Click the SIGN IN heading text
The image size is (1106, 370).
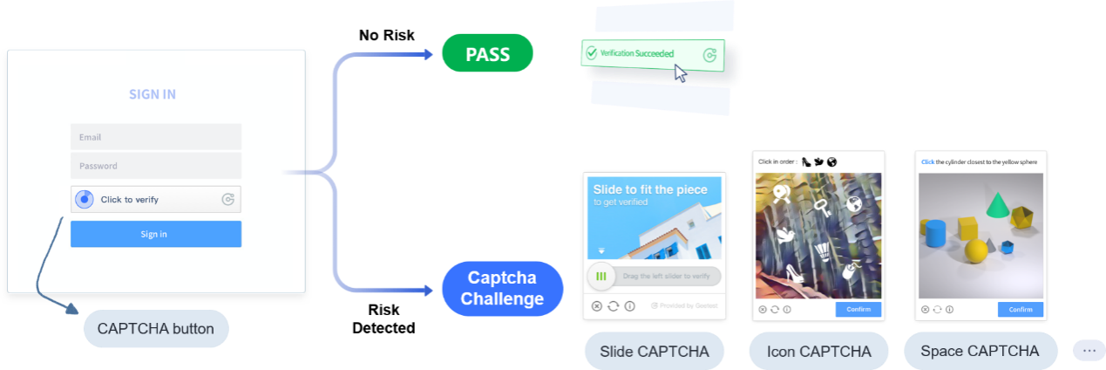[153, 94]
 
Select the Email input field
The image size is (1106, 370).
[155, 137]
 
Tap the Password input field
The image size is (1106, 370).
[155, 166]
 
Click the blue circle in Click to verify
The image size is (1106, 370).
[84, 200]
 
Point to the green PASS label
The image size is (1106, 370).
[487, 54]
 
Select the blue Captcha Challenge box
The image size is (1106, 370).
[502, 289]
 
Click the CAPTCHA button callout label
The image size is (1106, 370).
[156, 329]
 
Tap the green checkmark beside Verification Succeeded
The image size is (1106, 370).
[592, 53]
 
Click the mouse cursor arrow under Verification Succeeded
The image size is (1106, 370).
[680, 73]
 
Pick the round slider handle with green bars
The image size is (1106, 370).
[600, 277]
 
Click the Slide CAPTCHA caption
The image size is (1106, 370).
[654, 352]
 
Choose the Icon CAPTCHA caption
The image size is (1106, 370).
[818, 352]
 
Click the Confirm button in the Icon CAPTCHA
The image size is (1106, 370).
[858, 310]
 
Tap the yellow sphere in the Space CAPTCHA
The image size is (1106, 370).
[976, 251]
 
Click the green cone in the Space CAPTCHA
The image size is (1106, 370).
[997, 205]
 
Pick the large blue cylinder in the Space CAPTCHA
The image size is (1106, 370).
[936, 233]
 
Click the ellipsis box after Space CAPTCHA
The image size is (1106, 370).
[1089, 350]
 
